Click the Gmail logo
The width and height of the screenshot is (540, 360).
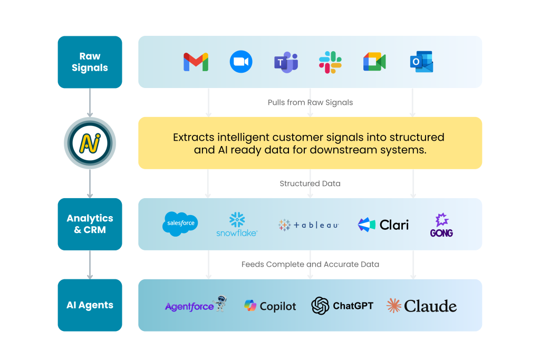196,62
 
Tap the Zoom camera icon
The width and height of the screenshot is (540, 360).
241,62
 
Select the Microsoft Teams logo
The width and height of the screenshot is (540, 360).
286,62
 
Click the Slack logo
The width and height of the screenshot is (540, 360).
330,62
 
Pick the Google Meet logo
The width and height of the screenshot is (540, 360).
374,62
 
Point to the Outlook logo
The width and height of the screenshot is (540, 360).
421,62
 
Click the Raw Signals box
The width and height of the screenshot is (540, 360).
90,62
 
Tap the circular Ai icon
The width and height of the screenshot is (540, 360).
90,143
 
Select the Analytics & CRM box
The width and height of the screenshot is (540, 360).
90,224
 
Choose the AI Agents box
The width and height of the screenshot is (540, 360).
90,305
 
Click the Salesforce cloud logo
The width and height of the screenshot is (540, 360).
180,223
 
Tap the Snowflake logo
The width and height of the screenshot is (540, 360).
237,224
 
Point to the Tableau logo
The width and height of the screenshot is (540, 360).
308,225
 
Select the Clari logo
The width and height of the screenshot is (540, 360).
383,225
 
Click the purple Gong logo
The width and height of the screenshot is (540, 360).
441,225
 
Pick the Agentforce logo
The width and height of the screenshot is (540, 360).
195,305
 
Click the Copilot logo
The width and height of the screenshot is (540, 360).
270,306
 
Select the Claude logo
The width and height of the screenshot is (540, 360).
421,306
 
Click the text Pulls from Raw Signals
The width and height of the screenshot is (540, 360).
310,102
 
